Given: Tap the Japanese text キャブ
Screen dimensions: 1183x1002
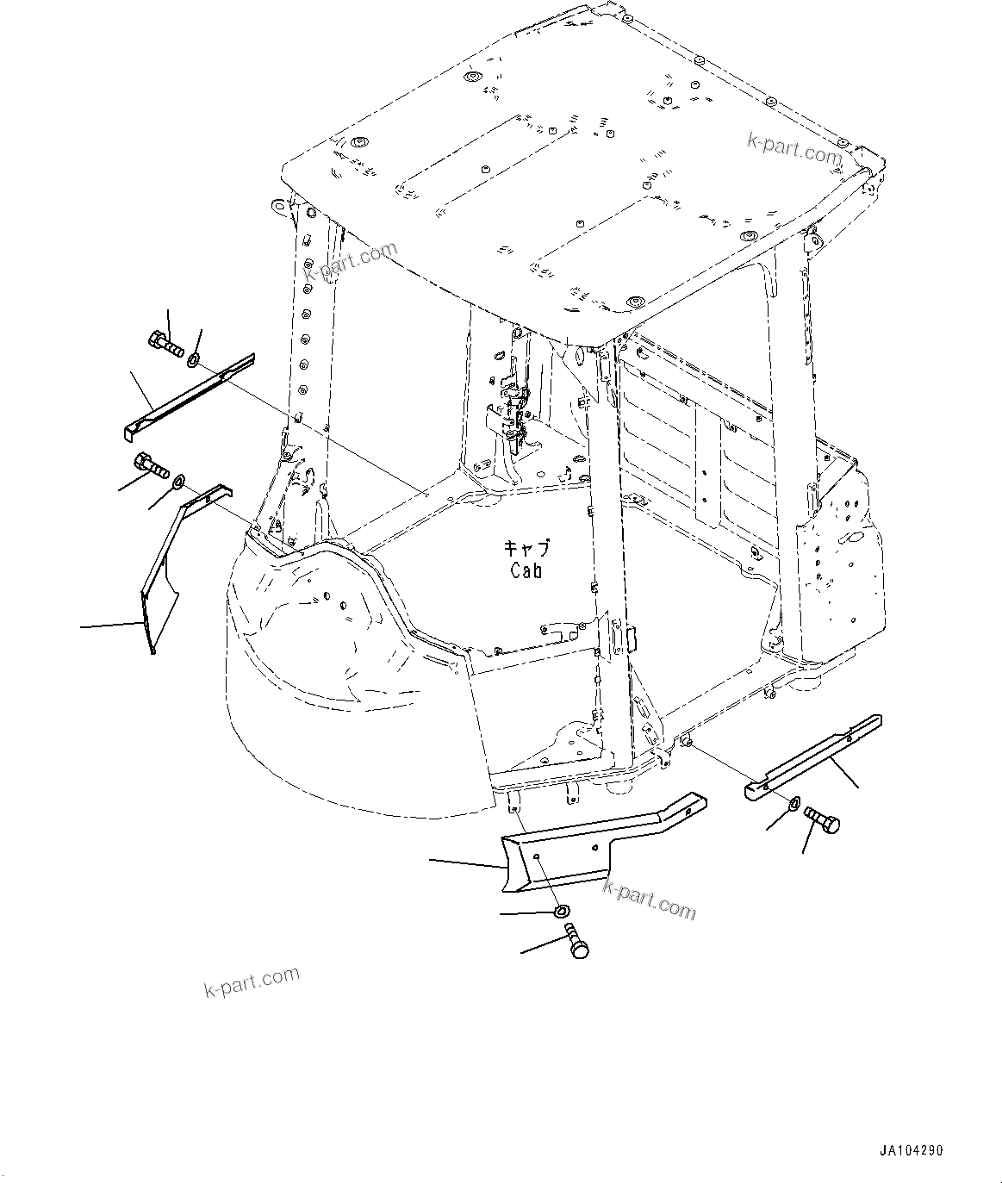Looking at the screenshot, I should (x=526, y=548).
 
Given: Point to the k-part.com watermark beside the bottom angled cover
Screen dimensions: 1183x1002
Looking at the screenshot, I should (x=649, y=900).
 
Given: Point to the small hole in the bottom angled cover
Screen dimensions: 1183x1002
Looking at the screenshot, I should (x=537, y=857).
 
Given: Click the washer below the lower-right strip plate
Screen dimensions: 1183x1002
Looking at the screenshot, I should (x=791, y=804).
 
